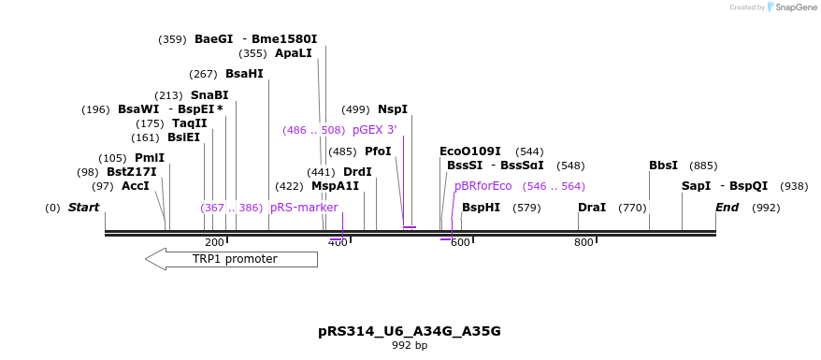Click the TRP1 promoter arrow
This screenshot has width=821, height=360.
tap(234, 259)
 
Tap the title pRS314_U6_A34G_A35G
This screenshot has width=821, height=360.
tap(410, 331)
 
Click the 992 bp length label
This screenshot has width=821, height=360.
tap(410, 346)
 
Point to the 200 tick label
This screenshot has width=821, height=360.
tap(214, 243)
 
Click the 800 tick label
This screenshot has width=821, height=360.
tap(583, 243)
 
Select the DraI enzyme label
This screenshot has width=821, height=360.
tap(592, 208)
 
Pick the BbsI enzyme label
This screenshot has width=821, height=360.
tap(663, 166)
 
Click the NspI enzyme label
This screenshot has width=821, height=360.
tap(393, 109)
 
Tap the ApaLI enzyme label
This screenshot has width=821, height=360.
tap(293, 53)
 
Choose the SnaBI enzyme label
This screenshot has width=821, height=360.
tap(209, 95)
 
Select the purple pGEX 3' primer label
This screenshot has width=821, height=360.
tap(374, 130)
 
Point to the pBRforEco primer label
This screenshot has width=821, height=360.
tap(483, 186)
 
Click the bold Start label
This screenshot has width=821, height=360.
tap(83, 208)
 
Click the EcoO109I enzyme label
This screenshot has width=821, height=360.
tap(469, 151)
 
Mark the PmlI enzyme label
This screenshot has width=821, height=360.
tap(150, 158)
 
